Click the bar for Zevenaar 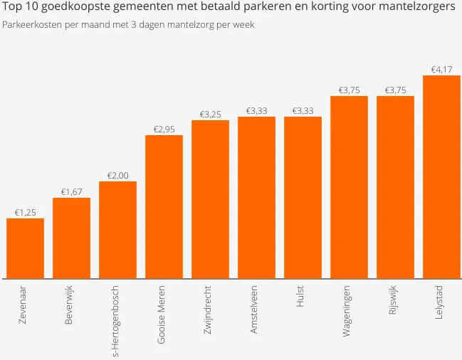coord(25,248)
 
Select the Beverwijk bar coord(71,238)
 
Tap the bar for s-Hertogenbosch coord(117,229)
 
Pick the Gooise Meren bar coord(164,206)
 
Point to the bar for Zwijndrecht coord(210,199)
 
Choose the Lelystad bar coord(441,176)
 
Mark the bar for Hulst coord(303,197)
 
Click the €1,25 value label coord(25,212)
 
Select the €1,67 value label coord(71,191)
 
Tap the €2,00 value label coord(117,175)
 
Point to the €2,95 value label coord(164,129)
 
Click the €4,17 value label coord(441,69)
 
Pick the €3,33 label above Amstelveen coord(256,110)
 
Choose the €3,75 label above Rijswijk coord(395,90)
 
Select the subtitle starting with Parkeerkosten coord(128,25)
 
